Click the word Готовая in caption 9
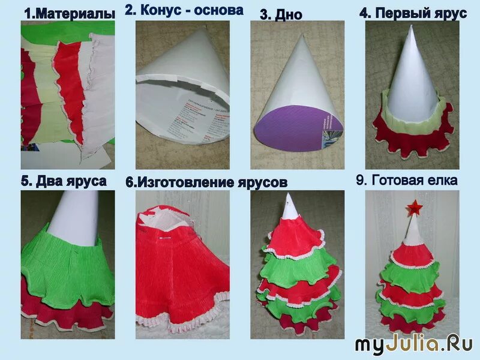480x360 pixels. [x=397, y=180]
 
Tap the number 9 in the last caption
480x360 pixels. [x=360, y=180]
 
